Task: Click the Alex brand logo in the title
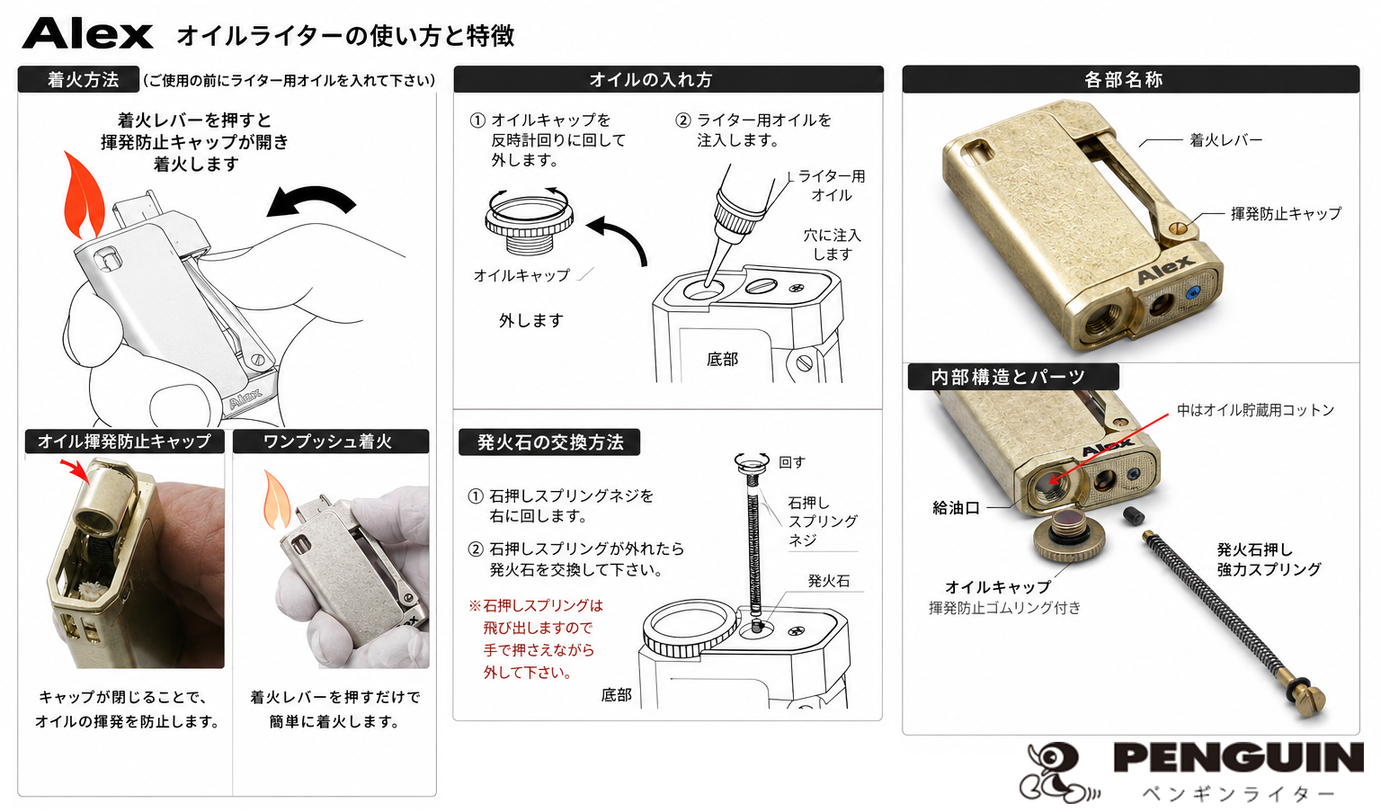tap(87, 34)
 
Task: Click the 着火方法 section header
tap(79, 79)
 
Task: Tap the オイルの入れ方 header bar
tap(668, 79)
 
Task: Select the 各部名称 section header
tap(1130, 79)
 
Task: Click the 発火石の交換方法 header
tap(549, 442)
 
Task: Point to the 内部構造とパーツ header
tap(1013, 377)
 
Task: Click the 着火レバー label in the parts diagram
tap(1225, 140)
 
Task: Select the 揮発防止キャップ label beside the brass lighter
tap(1286, 214)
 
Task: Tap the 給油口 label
tap(956, 508)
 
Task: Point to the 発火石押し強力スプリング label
tap(1269, 559)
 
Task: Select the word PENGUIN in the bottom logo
tap(1239, 757)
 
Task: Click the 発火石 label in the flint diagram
tap(829, 581)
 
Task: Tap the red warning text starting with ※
tap(536, 638)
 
